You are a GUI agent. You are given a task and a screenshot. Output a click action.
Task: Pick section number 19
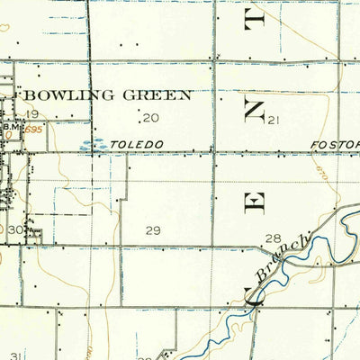pos(32,113)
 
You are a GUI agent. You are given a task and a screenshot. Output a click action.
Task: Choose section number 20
pos(149,118)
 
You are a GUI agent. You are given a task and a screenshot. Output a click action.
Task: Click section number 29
pos(153,230)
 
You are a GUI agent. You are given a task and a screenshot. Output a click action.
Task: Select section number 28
pos(272,238)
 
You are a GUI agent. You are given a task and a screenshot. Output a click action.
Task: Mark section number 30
pos(14,229)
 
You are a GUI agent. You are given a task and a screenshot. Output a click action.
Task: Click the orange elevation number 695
pos(34,130)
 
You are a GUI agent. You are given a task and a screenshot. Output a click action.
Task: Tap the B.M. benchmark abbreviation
pos(12,128)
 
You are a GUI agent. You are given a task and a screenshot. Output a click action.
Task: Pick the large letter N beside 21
pos(255,110)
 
